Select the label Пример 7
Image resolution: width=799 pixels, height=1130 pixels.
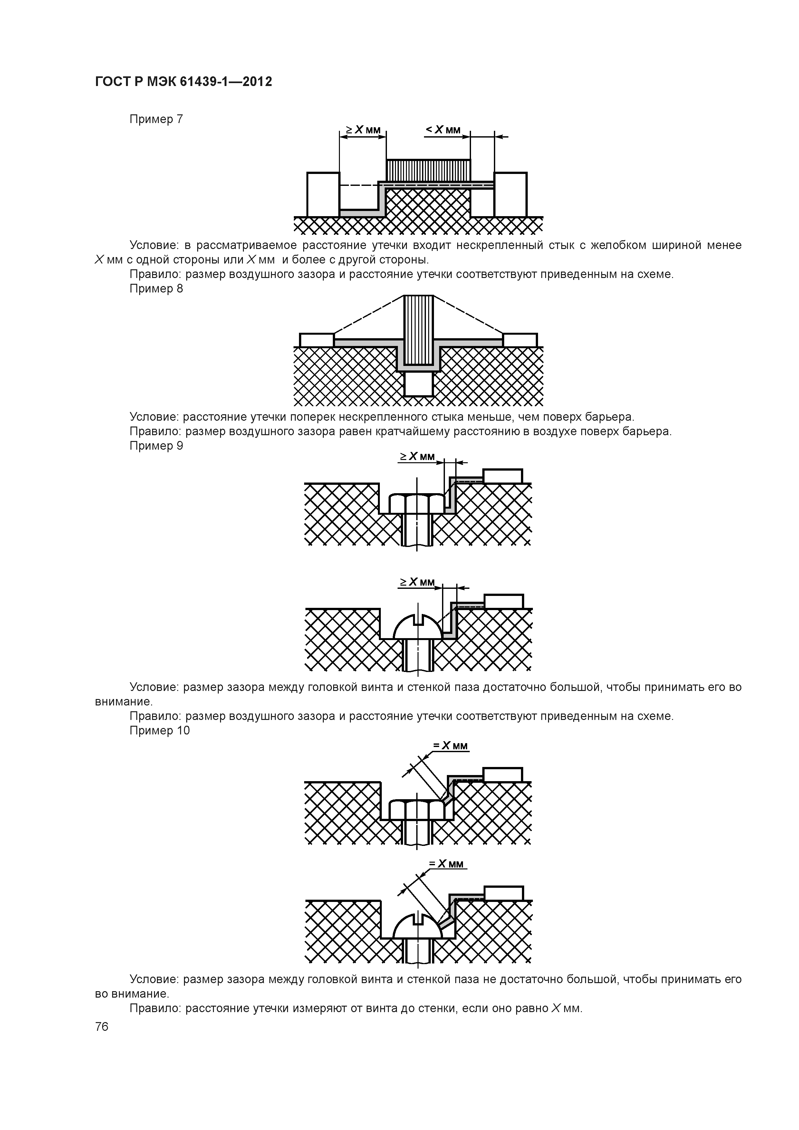coord(156,119)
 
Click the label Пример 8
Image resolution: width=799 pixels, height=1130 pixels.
coord(156,289)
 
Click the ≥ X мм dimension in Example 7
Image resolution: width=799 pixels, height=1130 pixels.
coord(363,130)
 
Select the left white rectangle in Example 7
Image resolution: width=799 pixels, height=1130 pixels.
coord(323,195)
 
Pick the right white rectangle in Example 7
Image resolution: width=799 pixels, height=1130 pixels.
coord(511,195)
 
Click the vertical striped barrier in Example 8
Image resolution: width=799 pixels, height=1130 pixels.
coord(419,330)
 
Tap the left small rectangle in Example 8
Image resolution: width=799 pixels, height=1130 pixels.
coord(317,340)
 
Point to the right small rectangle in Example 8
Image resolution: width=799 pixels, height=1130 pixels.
coord(520,340)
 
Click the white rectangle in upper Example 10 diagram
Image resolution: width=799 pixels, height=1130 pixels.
coord(502,775)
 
